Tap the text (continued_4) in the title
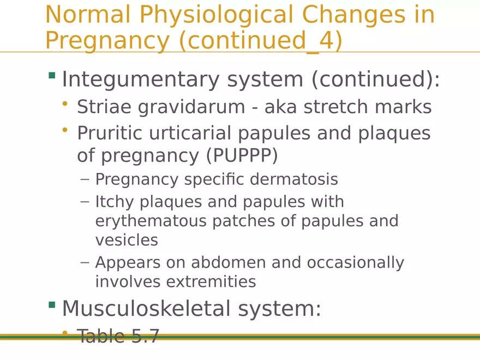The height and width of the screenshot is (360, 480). coord(260,41)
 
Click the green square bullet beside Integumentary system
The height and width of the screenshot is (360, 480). coord(52,75)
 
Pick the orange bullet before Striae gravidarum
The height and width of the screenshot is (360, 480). coord(65,103)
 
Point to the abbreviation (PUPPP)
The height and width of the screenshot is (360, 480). coord(242,156)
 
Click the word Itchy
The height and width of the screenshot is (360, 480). coord(115,202)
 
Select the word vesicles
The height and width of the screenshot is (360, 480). coord(127,240)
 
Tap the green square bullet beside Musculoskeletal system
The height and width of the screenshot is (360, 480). coord(52,304)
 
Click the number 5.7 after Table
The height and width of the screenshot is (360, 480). coord(145,336)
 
